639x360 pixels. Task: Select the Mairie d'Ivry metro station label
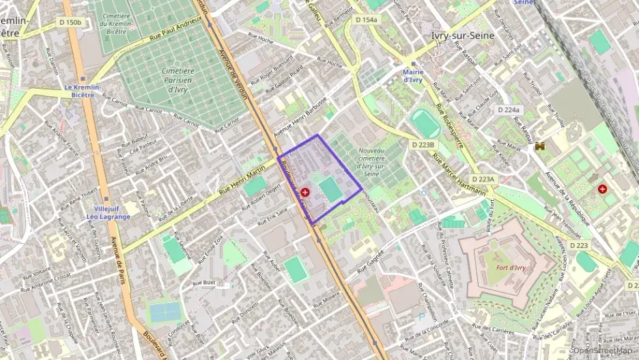412,75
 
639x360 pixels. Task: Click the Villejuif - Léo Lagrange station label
103,212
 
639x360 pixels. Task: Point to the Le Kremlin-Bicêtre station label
83,91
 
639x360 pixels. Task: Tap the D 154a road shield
367,20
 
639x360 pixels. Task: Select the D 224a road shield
508,109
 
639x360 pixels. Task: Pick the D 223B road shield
423,144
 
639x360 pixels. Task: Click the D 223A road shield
483,179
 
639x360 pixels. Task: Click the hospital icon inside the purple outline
304,193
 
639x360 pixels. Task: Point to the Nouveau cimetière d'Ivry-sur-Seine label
372,162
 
